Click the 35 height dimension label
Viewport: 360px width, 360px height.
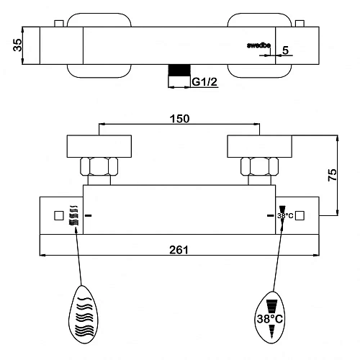click(17, 45)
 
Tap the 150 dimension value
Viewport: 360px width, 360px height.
click(179, 119)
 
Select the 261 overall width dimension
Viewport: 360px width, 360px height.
click(179, 250)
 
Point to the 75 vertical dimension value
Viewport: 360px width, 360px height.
click(333, 175)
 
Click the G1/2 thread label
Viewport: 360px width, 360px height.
click(204, 82)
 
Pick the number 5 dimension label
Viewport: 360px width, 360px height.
click(285, 50)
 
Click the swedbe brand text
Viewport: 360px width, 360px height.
click(258, 45)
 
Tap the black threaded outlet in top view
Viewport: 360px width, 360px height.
click(179, 71)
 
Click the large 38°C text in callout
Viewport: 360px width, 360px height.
click(270, 319)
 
